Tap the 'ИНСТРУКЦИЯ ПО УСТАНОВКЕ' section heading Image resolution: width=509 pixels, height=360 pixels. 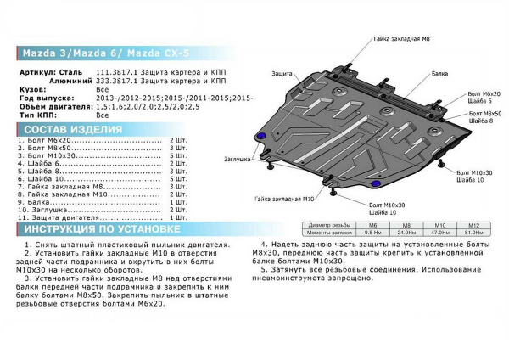tap(101, 230)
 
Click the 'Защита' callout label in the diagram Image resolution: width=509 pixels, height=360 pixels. tap(284, 74)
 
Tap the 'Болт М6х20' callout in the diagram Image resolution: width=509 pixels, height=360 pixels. tap(484, 93)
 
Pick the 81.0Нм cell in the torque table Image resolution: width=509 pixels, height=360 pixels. tap(474, 232)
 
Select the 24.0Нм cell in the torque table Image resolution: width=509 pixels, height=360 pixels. tap(407, 232)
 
